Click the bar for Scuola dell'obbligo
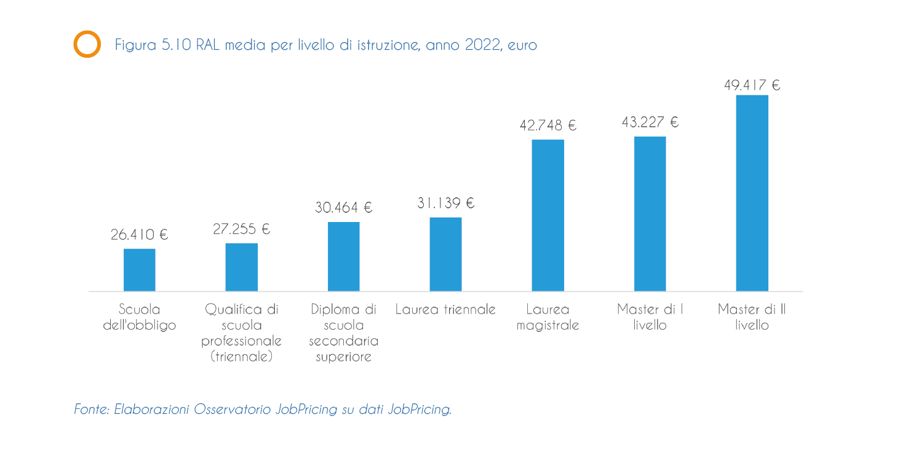139,270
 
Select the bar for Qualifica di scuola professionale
241,267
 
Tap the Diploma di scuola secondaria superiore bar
343,256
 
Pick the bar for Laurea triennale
445,254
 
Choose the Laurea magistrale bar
548,215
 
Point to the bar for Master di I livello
650,213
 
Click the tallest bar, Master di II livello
752,193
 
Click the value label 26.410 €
139,235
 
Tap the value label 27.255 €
241,229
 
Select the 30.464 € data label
343,208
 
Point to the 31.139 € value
445,204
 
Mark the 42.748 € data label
548,125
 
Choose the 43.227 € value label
650,122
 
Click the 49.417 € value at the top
752,85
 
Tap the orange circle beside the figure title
87,44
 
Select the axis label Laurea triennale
445,309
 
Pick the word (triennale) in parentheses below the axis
241,357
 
